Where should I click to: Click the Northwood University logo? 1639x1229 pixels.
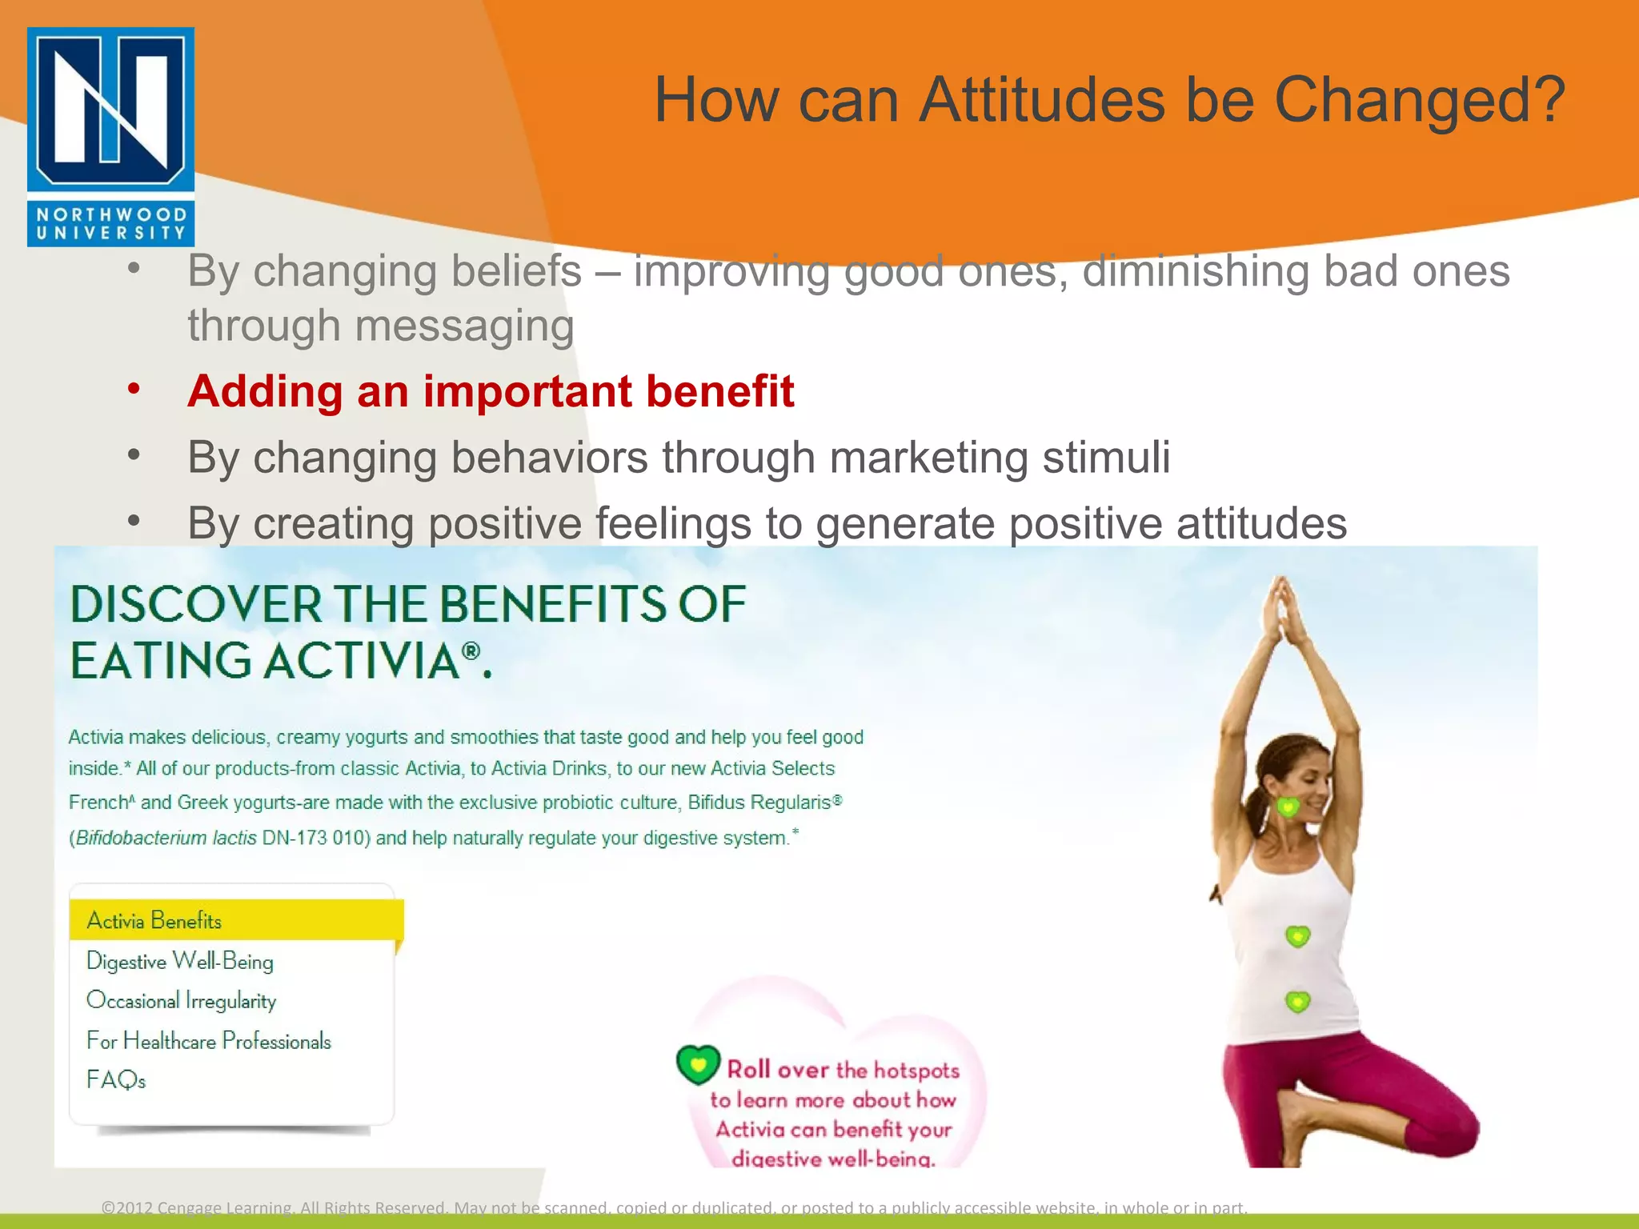point(110,136)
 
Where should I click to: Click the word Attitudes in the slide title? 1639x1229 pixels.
point(1044,100)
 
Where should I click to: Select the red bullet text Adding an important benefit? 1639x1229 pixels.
point(490,391)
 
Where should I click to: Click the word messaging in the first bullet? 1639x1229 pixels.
point(464,326)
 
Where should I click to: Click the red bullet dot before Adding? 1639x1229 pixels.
point(134,390)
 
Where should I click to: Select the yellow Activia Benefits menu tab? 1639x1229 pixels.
point(235,920)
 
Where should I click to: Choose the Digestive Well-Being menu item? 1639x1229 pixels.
point(180,961)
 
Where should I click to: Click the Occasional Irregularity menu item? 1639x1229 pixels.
point(181,1001)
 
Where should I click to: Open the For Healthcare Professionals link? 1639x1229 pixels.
point(208,1041)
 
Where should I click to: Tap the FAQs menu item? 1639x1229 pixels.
point(116,1080)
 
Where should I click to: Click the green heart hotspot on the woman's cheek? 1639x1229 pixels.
point(1288,807)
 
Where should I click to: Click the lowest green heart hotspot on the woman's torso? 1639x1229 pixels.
point(1297,1001)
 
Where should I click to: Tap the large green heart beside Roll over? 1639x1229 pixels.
point(698,1064)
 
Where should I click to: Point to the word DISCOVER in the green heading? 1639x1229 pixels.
point(195,604)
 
